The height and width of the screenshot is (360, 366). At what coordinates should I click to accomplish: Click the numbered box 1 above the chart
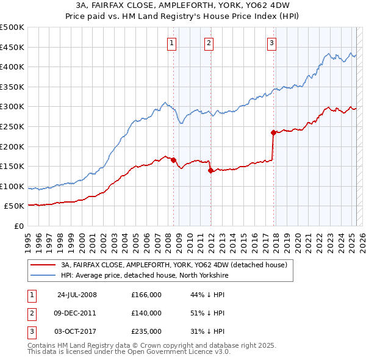(x=172, y=43)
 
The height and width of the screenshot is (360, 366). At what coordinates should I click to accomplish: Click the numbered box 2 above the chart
(x=209, y=43)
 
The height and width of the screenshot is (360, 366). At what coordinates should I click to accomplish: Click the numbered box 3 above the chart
(x=271, y=43)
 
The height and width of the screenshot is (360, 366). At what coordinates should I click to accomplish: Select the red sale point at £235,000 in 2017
(x=273, y=132)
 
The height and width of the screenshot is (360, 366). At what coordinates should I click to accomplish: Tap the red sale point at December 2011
(x=210, y=170)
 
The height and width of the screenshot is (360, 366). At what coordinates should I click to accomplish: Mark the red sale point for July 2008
(x=174, y=160)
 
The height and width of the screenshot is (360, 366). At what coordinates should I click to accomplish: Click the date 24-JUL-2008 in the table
(x=76, y=295)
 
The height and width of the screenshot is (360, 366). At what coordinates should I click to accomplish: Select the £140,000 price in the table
(x=146, y=313)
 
